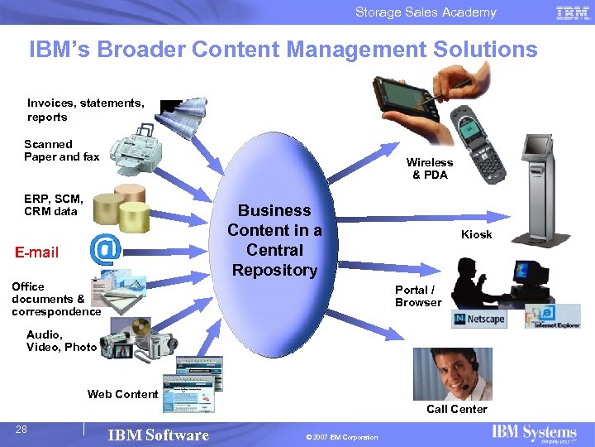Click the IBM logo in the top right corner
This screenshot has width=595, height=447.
coord(573,12)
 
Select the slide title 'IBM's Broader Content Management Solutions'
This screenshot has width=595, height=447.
coord(283,50)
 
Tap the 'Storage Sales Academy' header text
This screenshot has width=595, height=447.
coord(426,12)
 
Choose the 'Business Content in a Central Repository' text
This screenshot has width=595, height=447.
coord(274,240)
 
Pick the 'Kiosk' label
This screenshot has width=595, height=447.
coord(476,234)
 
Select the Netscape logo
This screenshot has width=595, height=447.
coord(478,320)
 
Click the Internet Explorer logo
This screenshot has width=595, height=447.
coord(551,317)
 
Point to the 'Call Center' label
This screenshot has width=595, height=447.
coord(456,409)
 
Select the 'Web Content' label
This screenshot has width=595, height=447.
coord(122,394)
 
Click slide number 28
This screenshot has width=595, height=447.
coord(21,429)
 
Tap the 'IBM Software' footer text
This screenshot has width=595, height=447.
coord(158,435)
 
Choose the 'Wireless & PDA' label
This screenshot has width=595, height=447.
coord(429,169)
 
